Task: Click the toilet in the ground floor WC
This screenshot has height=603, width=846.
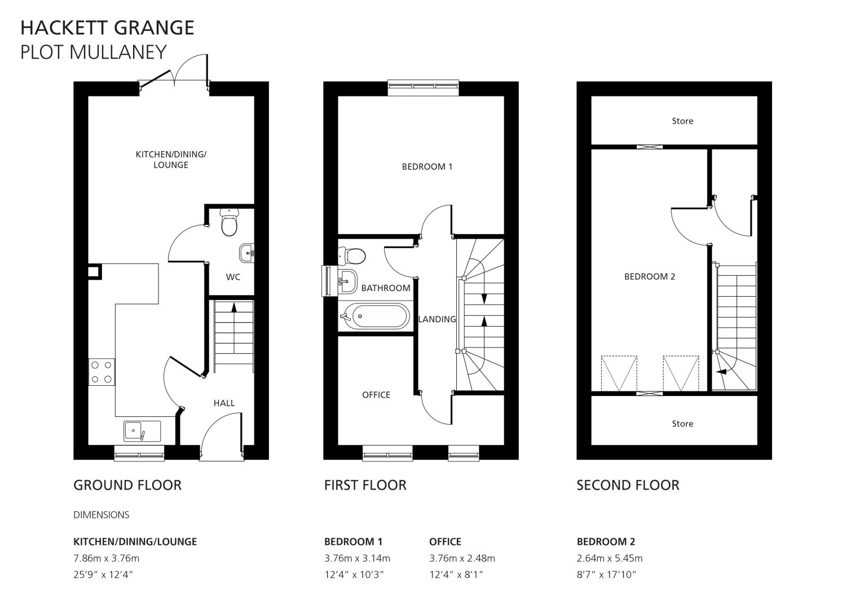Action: tap(229, 223)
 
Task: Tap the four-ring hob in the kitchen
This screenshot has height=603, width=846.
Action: tap(102, 372)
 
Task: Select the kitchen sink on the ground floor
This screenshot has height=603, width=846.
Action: tap(142, 431)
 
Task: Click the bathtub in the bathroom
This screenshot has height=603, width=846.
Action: tap(374, 316)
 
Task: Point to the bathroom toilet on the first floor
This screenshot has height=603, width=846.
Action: tap(352, 256)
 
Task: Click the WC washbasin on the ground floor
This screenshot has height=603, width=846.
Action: tap(246, 253)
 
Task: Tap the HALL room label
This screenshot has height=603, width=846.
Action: tap(224, 403)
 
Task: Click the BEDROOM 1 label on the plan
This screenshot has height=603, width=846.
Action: tap(427, 166)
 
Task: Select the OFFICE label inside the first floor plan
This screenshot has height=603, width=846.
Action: tap(376, 395)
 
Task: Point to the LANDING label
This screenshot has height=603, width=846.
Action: tap(437, 319)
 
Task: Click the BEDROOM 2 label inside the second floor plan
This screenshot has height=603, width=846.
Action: tap(650, 276)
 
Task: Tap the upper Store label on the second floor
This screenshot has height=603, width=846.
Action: tap(682, 121)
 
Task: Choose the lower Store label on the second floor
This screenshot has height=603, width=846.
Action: tap(682, 424)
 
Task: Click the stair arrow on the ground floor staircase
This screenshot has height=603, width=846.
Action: tap(234, 307)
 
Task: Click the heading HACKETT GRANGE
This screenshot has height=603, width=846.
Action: tap(107, 28)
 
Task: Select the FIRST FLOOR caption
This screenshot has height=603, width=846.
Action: tap(365, 485)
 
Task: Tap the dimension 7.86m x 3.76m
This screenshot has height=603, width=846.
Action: tap(106, 558)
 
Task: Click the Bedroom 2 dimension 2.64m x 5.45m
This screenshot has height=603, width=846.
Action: tap(610, 558)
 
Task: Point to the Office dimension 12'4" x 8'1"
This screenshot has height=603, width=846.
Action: tap(456, 575)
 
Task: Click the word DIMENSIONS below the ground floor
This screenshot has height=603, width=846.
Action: tap(101, 514)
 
